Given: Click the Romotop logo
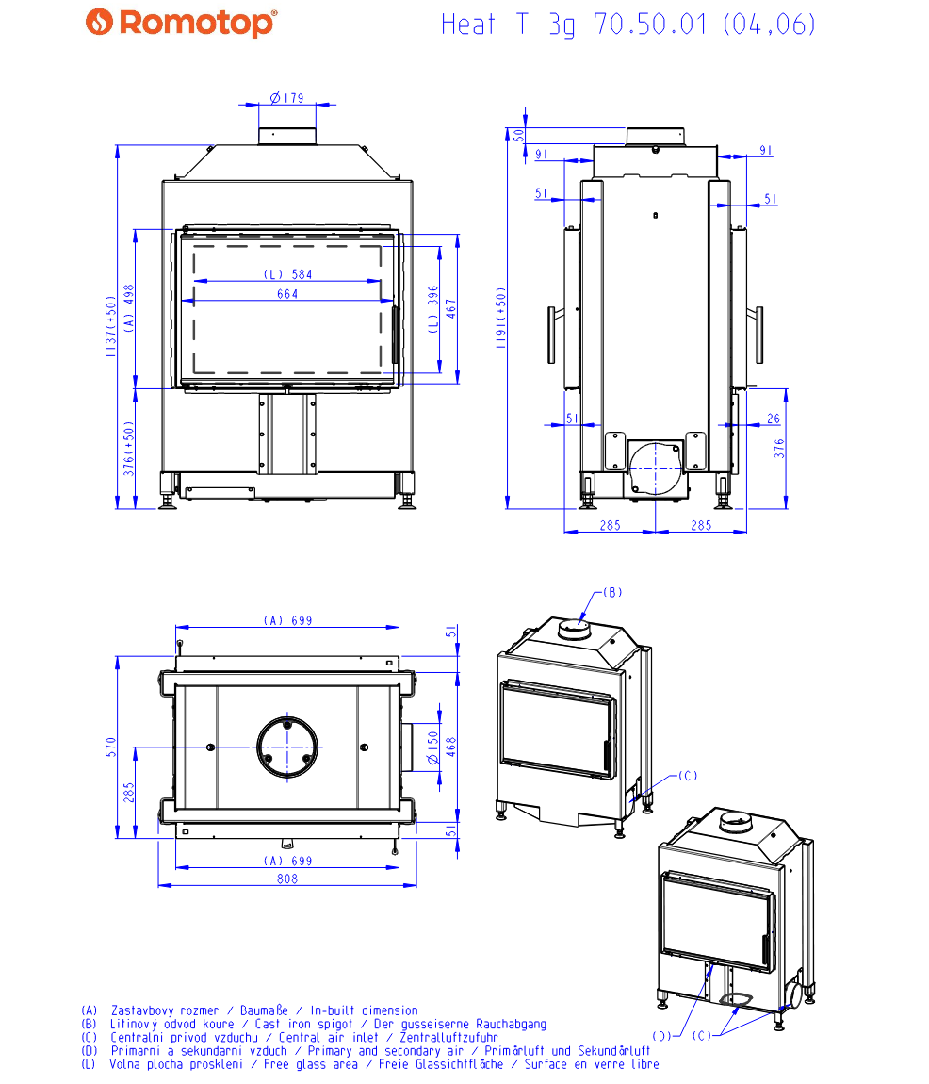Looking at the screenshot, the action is tap(181, 23).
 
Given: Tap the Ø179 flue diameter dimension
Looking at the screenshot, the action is tap(286, 97).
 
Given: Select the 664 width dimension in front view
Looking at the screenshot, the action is tap(287, 294).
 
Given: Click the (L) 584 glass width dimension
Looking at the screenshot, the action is tap(287, 274).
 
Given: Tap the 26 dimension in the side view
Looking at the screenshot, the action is tap(774, 419).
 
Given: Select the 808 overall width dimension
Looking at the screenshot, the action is tap(287, 879).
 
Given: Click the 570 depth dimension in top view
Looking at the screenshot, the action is tap(110, 747).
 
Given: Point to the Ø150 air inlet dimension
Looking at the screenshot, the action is tap(432, 747).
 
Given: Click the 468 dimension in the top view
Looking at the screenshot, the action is tap(451, 747).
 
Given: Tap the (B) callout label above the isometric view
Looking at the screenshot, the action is tap(612, 592).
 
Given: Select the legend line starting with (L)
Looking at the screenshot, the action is tap(370, 1064).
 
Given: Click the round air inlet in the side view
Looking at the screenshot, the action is tap(655, 466).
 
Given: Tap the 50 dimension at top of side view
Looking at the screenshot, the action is tap(517, 134).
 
